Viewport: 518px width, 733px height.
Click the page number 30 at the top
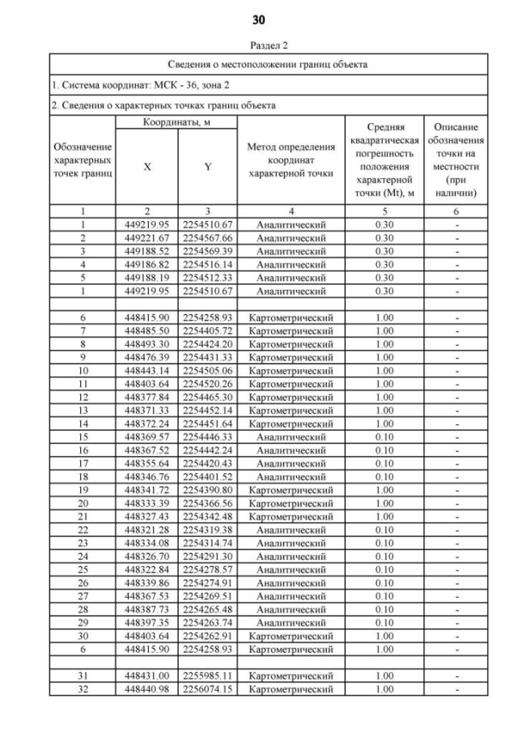click(x=258, y=19)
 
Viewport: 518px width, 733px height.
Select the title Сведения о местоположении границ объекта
click(x=269, y=64)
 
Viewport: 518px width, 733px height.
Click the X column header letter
click(x=146, y=165)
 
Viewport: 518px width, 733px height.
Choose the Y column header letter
click(x=208, y=165)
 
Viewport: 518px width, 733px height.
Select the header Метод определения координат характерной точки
click(x=291, y=160)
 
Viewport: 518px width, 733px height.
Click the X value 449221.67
click(x=146, y=238)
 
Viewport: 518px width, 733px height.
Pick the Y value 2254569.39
click(x=208, y=250)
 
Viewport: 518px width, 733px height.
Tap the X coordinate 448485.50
click(x=146, y=330)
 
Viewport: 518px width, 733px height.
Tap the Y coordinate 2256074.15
click(x=208, y=688)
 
